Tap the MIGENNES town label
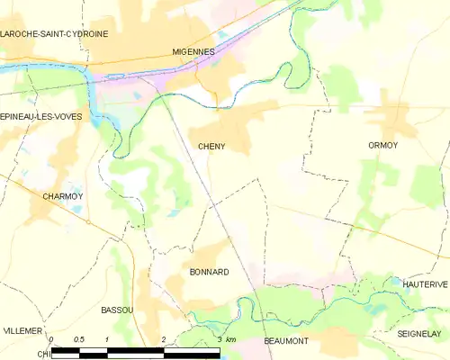pos(193,52)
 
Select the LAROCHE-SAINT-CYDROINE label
pos(55,33)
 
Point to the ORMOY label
pos(382,145)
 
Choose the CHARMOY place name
pos(62,195)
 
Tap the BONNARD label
pos(209,271)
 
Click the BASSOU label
pos(117,310)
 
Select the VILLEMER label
pos(22,331)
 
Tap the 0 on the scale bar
pos(51,339)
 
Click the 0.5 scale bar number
pos(78,339)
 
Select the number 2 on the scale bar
pos(163,339)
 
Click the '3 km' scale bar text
pos(226,339)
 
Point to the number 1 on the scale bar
pos(107,339)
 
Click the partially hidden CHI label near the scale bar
pos(40,355)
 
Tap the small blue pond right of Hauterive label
pos(397,281)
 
